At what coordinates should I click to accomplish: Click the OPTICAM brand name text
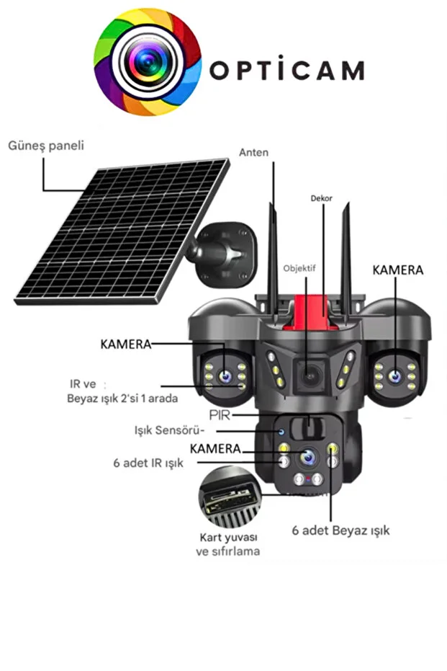click(x=286, y=70)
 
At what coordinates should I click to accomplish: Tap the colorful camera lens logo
click(x=148, y=62)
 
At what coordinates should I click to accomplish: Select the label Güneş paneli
click(x=46, y=146)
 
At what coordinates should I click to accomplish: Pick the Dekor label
click(x=321, y=197)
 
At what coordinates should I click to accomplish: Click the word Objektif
click(x=299, y=268)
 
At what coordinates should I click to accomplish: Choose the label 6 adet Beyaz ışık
click(x=340, y=530)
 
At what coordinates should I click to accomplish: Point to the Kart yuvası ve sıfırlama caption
click(x=229, y=544)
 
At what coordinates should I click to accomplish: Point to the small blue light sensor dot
click(x=282, y=432)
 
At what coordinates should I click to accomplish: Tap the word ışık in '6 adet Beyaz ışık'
click(x=375, y=530)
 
